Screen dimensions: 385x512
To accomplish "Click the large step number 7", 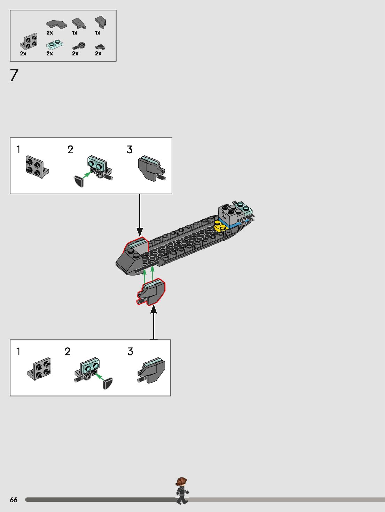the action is [14, 75].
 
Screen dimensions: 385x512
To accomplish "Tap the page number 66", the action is [14, 500].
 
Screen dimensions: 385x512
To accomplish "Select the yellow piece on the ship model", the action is [221, 226].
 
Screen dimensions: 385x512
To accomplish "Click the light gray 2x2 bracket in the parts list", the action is [29, 42].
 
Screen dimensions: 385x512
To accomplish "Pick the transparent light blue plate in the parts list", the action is [54, 44].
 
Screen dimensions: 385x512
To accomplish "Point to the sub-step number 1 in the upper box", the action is [18, 150].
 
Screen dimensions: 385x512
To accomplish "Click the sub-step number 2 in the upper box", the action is [70, 150].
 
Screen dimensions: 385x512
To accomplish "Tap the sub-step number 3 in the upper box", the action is [129, 150].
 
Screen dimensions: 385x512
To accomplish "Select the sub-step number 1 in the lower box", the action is [18, 352].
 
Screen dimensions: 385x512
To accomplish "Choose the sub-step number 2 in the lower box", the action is [68, 352].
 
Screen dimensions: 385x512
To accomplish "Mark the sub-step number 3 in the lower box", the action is [130, 352].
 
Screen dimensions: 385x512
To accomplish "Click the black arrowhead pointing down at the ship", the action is [140, 232].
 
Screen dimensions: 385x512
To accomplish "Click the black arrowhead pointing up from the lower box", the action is [154, 309].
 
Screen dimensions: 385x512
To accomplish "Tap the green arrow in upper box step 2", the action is [86, 174].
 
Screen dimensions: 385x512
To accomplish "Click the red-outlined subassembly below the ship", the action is [151, 293].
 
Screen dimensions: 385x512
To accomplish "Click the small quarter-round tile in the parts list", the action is [100, 47].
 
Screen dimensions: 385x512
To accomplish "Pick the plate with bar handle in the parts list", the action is [79, 46].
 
